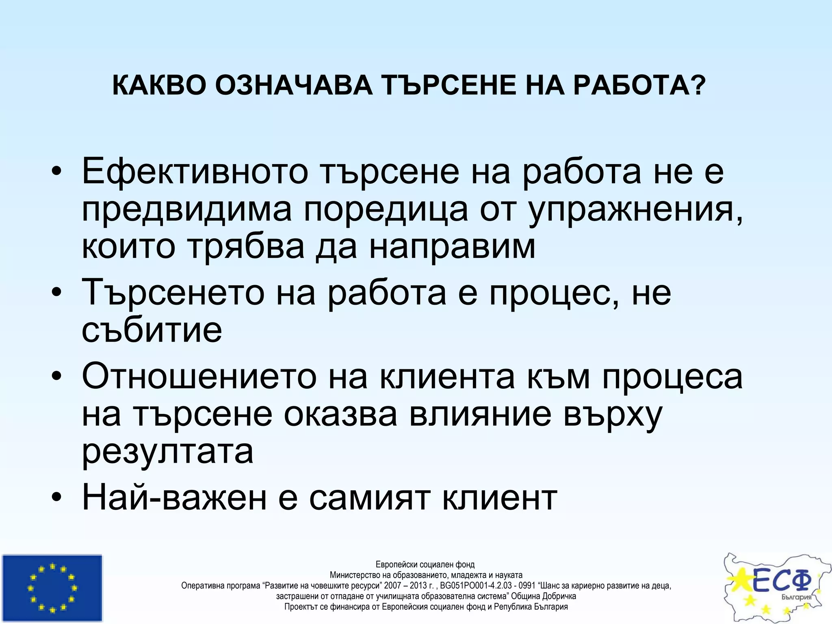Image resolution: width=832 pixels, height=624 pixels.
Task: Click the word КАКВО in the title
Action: tap(159, 86)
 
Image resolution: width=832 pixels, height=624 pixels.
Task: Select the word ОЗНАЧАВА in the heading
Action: tap(294, 86)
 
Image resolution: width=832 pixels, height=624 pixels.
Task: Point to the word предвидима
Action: tap(186, 210)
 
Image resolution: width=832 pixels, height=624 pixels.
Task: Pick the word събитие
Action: tap(152, 330)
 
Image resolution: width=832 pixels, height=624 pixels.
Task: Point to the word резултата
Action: tap(168, 452)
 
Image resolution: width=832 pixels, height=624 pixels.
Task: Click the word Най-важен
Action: tap(174, 498)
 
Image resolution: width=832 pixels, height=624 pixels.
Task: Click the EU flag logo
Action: tap(52, 587)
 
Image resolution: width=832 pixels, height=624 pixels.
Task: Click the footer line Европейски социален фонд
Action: tap(425, 565)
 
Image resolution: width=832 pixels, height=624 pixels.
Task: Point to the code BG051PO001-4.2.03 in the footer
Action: tap(476, 586)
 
